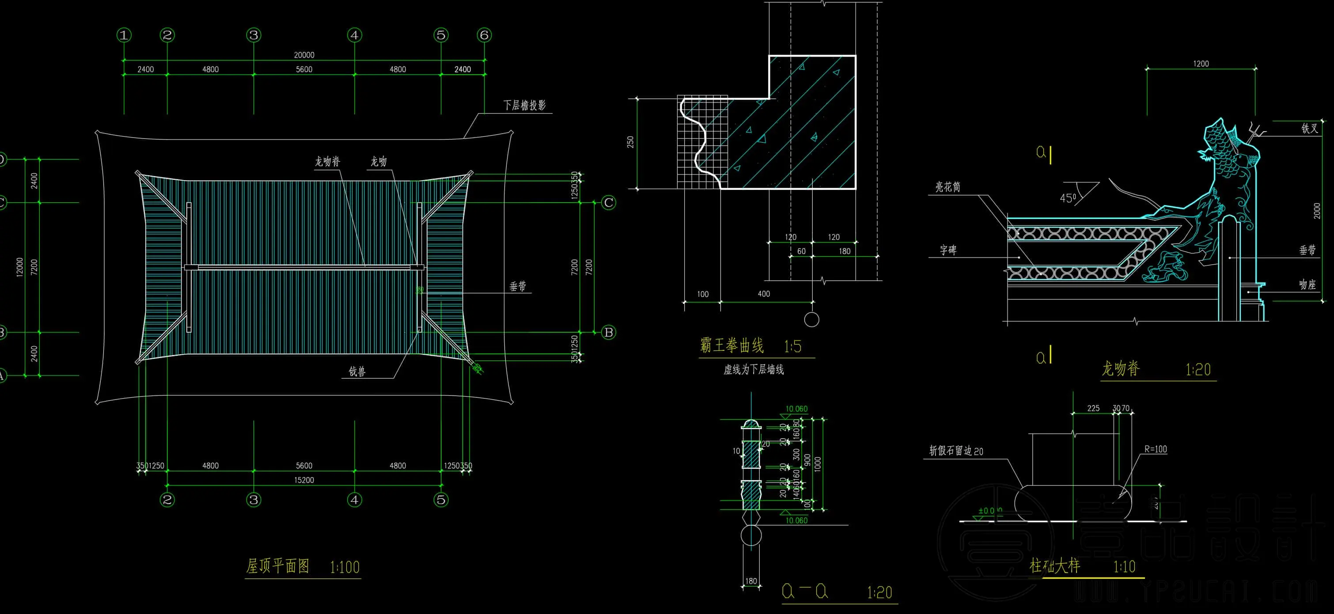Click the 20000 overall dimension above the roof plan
click(x=304, y=55)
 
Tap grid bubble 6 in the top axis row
click(x=484, y=35)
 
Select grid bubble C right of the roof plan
click(x=609, y=202)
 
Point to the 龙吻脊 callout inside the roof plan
click(x=328, y=162)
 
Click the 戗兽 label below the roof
click(x=357, y=371)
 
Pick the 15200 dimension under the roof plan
click(x=304, y=480)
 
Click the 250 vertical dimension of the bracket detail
click(x=630, y=142)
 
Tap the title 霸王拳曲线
click(x=731, y=345)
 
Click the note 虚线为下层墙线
click(x=754, y=370)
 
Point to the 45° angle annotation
click(x=1068, y=198)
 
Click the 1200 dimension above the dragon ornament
click(x=1201, y=64)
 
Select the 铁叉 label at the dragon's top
click(x=1309, y=128)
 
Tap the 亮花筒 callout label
click(x=947, y=187)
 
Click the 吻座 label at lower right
click(x=1307, y=284)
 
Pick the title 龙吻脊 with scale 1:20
click(x=1120, y=368)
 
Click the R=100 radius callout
click(x=1156, y=449)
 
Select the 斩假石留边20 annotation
click(x=955, y=451)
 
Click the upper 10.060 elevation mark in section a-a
click(x=796, y=409)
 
